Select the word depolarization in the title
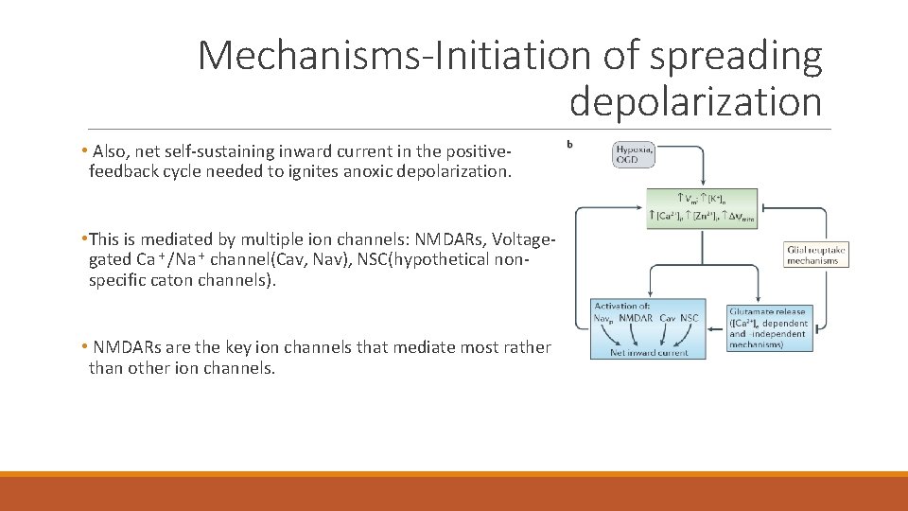(x=695, y=101)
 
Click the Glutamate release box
(x=767, y=327)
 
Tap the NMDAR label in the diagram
(x=637, y=318)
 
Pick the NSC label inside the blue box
(x=689, y=318)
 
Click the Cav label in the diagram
(x=668, y=318)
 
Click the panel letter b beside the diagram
(x=568, y=144)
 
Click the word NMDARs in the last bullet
(x=129, y=348)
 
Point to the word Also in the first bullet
(x=110, y=151)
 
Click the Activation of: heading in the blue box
(x=621, y=306)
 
